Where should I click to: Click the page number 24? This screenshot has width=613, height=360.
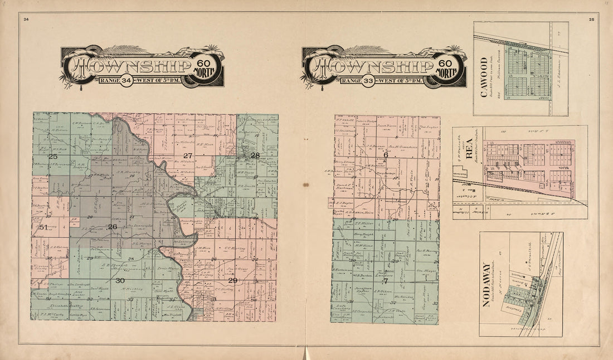tap(26, 20)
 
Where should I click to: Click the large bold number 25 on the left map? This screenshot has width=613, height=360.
tap(53, 157)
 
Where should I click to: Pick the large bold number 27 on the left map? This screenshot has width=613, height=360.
tap(188, 155)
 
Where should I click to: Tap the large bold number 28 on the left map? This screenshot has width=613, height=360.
tap(255, 155)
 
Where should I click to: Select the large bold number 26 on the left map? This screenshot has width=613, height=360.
tap(113, 227)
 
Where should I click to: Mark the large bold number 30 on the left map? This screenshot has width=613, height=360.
tap(120, 281)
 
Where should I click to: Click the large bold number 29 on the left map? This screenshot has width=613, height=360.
tap(233, 280)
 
